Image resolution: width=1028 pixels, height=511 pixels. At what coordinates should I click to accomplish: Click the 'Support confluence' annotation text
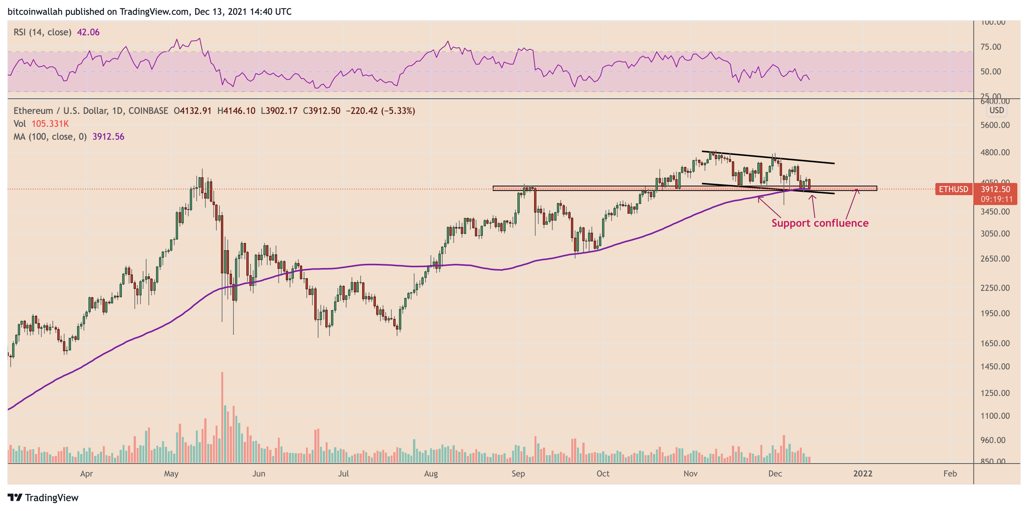[x=820, y=223]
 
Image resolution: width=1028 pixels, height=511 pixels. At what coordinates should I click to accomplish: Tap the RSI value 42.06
[x=88, y=32]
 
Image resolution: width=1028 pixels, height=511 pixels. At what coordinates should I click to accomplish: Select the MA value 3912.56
[x=108, y=137]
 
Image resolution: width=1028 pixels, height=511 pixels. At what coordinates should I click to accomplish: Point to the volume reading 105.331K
[x=50, y=124]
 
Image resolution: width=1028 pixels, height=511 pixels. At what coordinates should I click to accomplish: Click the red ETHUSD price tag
[x=953, y=189]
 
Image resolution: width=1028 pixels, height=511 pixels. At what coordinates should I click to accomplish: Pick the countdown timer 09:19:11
[x=996, y=199]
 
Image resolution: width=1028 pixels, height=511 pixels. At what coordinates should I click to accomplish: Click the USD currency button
[x=996, y=110]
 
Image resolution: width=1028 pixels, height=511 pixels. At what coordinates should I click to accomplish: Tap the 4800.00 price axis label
[x=995, y=153]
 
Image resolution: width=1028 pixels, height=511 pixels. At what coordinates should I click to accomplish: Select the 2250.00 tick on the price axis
[x=995, y=288]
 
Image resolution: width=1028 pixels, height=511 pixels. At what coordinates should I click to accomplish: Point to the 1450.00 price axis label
[x=995, y=366]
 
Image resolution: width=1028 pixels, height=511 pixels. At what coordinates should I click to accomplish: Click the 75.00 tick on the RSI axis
[x=990, y=47]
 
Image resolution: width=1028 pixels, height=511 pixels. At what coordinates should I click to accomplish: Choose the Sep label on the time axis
[x=518, y=473]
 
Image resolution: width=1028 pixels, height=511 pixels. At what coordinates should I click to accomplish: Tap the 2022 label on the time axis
[x=862, y=473]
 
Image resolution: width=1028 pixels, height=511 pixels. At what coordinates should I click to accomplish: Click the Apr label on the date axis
[x=86, y=473]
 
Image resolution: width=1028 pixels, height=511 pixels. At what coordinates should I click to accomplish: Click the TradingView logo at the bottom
[x=43, y=497]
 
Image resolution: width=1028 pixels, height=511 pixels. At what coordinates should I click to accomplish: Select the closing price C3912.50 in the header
[x=321, y=111]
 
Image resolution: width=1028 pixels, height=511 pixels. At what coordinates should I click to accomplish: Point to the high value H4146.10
[x=236, y=111]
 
